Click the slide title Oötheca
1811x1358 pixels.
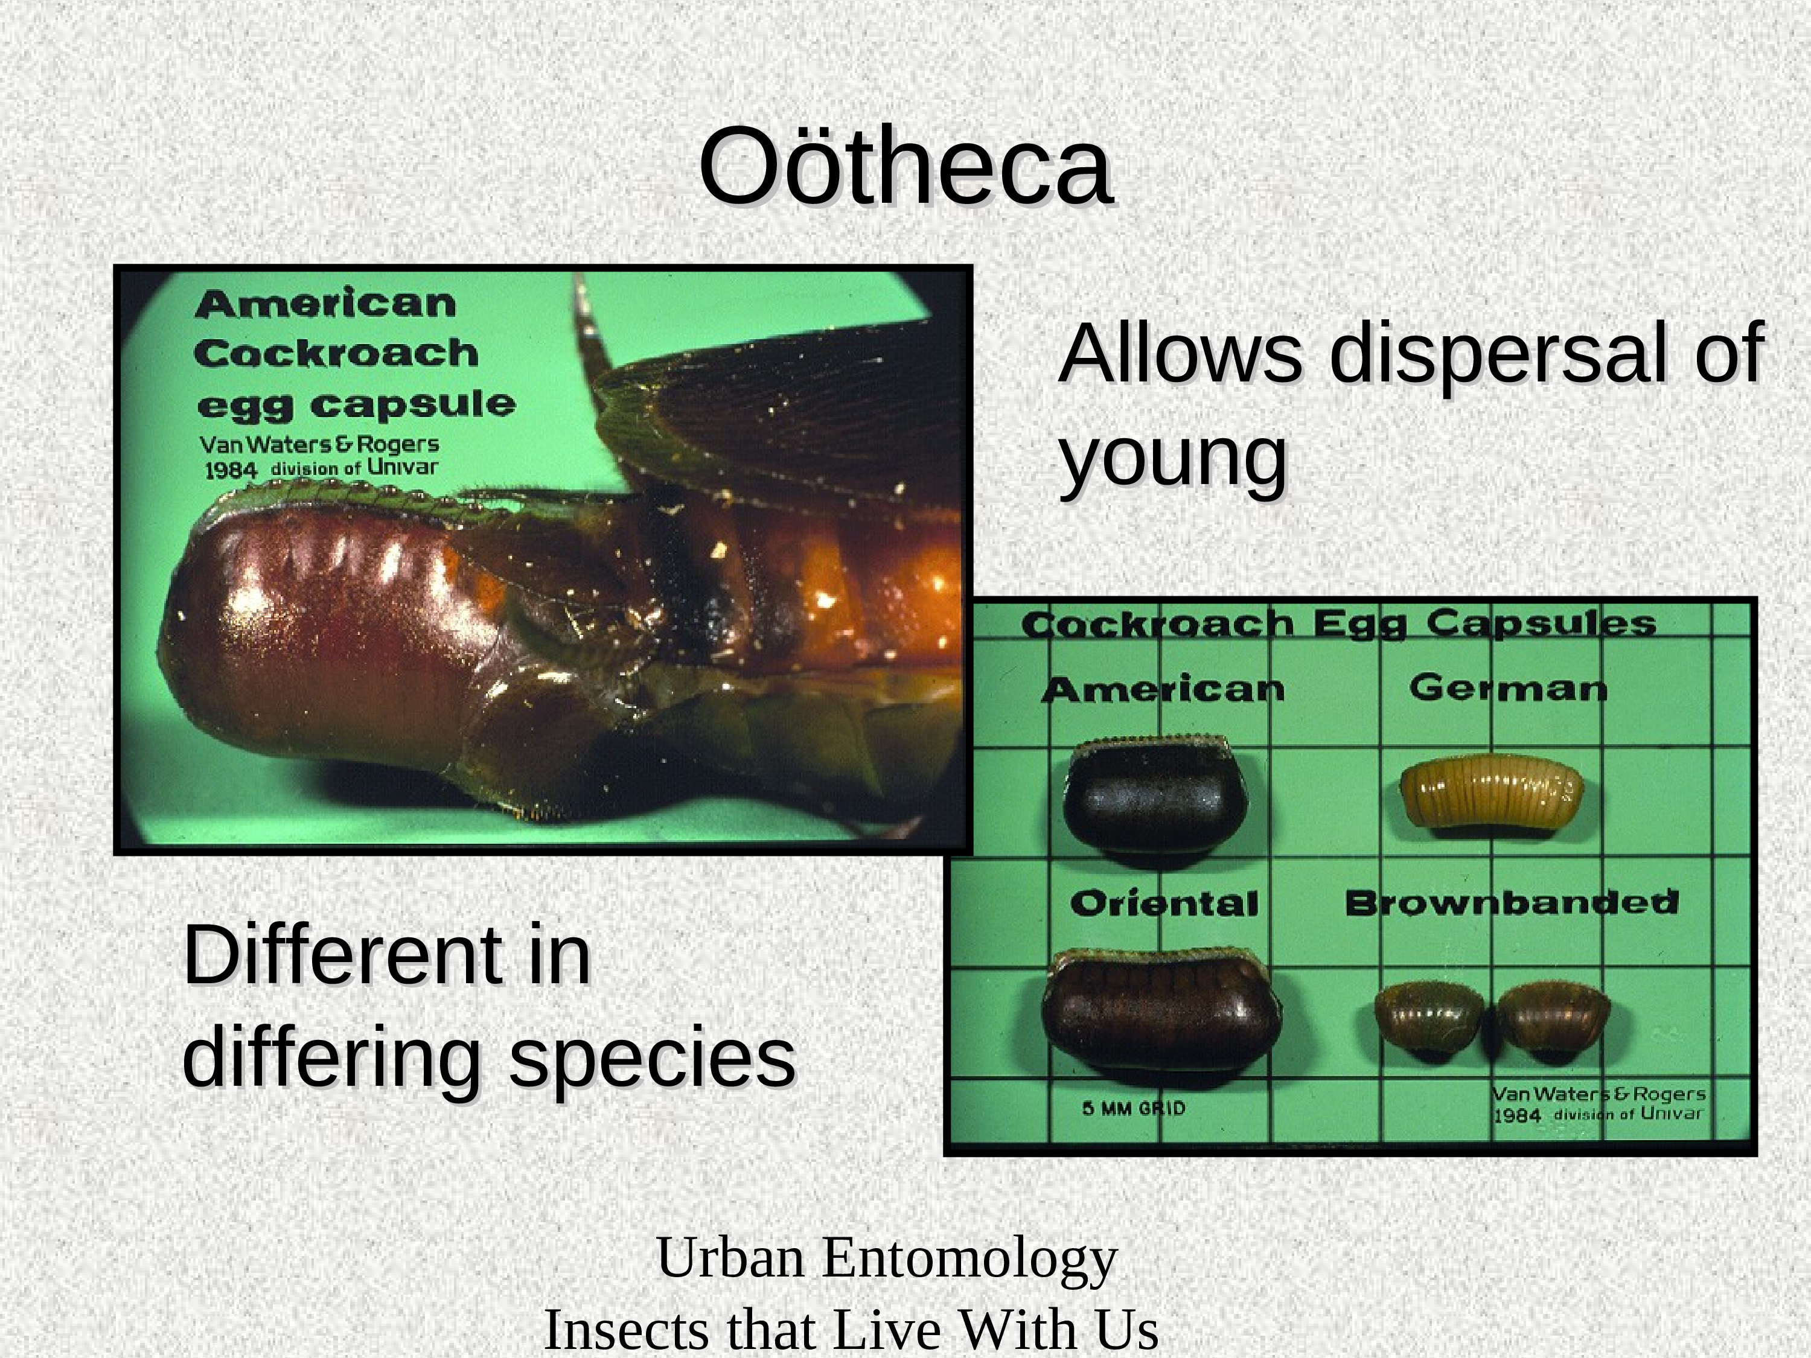click(905, 166)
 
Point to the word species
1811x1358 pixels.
click(653, 1057)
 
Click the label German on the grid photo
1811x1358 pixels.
click(1508, 689)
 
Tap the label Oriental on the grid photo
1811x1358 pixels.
click(1163, 904)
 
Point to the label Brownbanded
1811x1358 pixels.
click(1512, 903)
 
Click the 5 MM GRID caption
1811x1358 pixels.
click(1134, 1108)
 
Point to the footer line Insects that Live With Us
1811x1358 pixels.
click(851, 1330)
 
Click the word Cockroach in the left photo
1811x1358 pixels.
click(336, 354)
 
